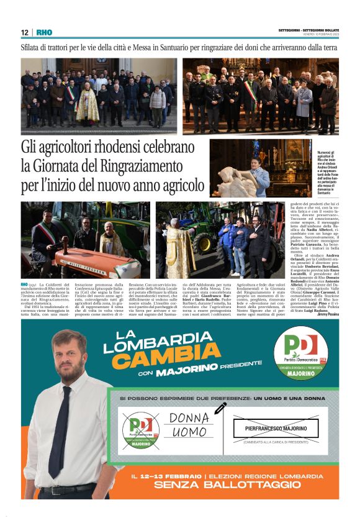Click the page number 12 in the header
pos(24,32)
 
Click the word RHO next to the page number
pos(43,32)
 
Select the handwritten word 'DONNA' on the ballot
pos(189,418)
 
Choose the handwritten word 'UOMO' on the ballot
pos(189,431)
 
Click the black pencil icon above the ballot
pos(220,408)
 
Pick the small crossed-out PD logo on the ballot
pos(140,429)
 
